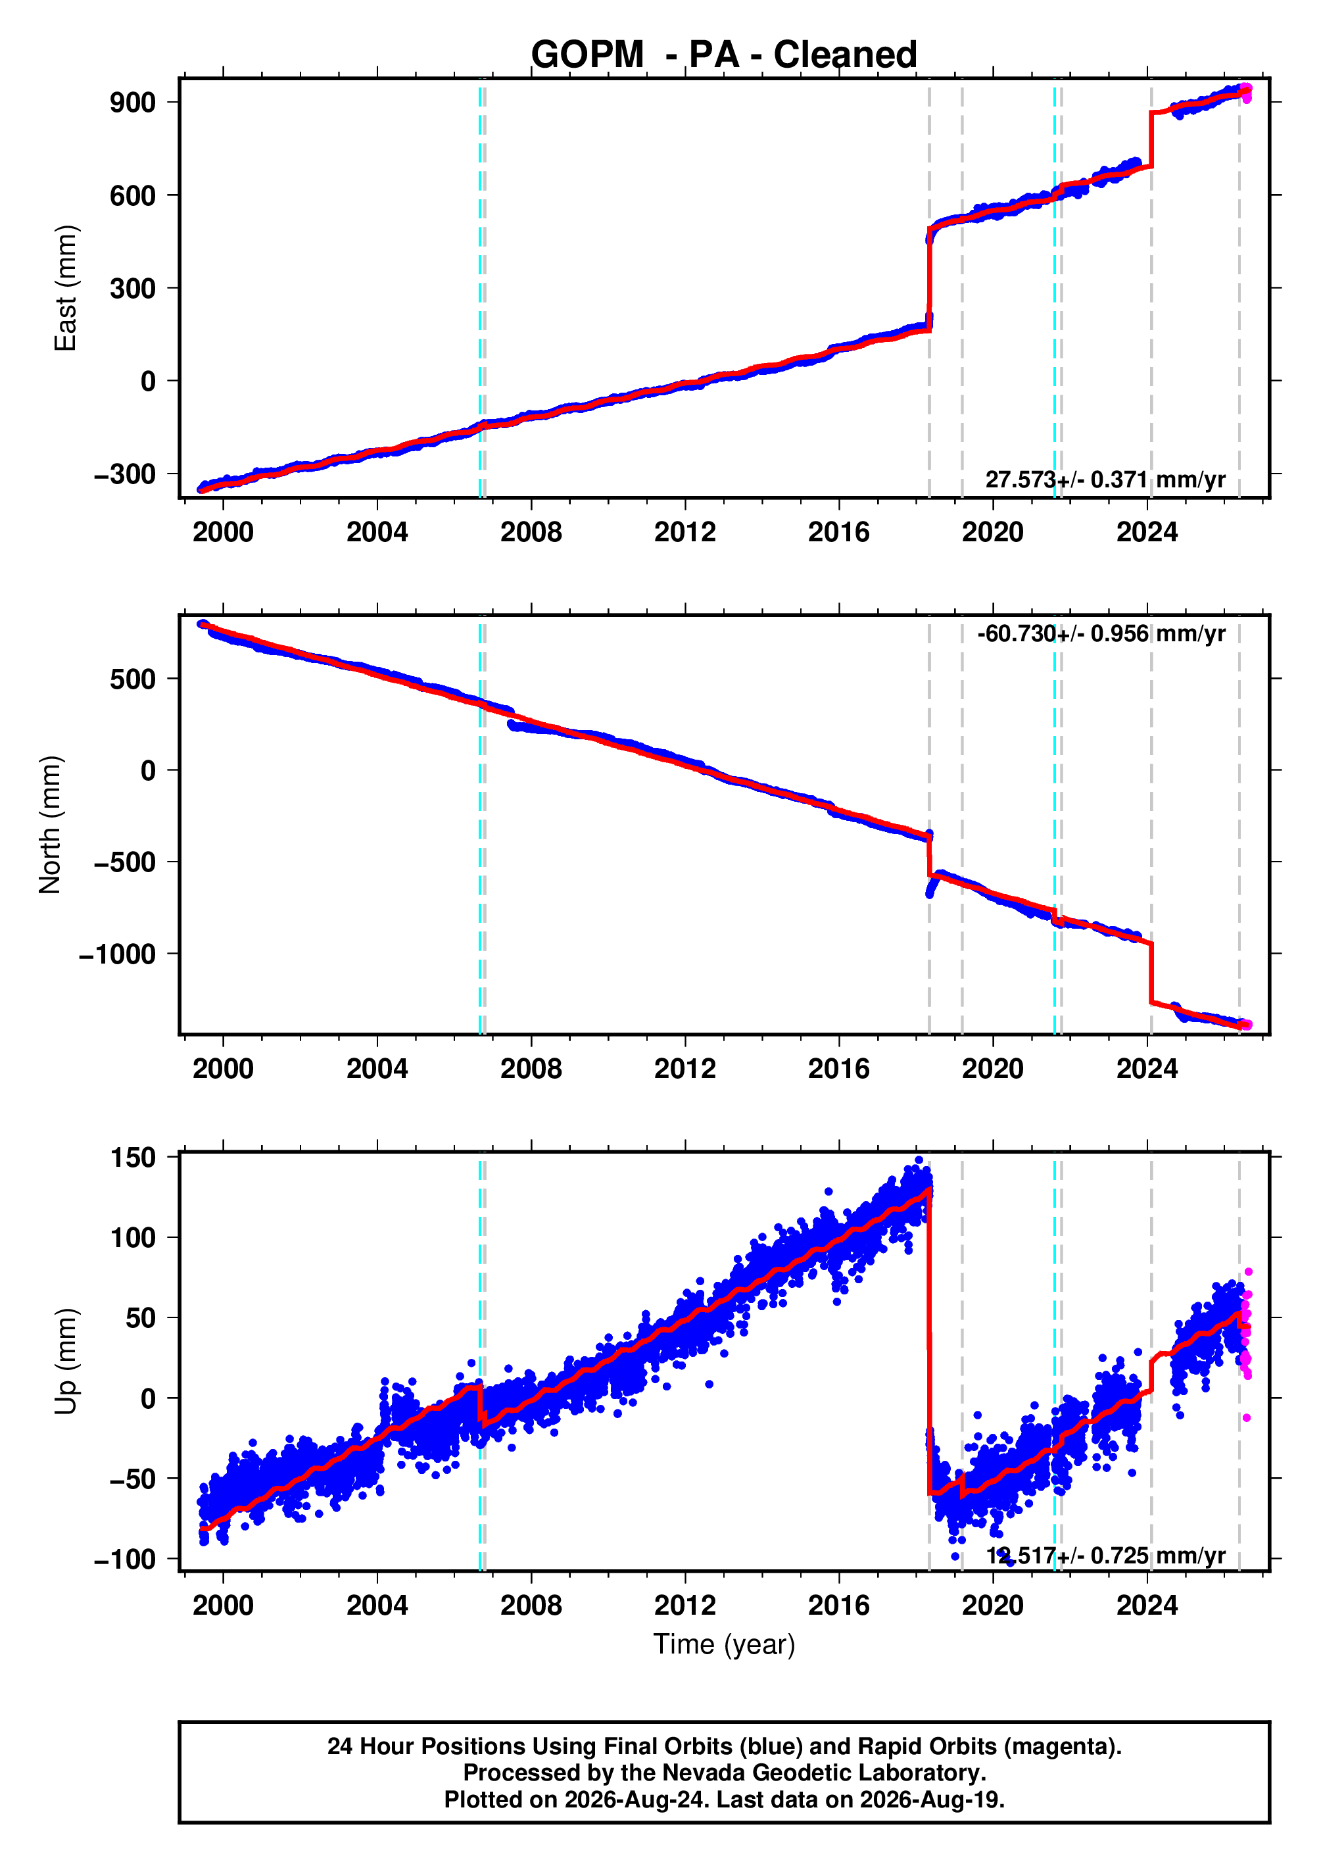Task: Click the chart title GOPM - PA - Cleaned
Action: point(724,55)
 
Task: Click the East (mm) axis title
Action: point(65,288)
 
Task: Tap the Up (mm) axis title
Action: point(65,1361)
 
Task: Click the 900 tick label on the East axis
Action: point(133,103)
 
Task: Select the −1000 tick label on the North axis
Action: point(117,954)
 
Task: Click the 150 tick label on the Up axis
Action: point(133,1157)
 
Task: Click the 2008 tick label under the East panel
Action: point(531,532)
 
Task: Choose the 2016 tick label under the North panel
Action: point(838,1068)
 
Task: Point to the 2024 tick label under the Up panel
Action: point(1147,1606)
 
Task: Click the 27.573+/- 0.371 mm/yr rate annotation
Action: point(1105,479)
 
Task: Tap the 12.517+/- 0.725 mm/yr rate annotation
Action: point(1105,1556)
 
